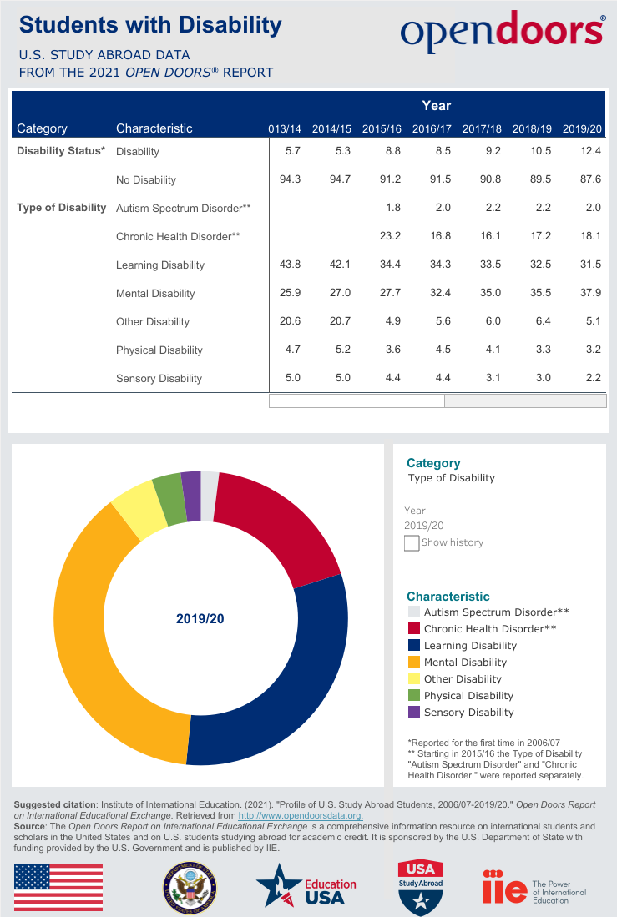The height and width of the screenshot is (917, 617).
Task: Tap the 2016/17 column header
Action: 432,129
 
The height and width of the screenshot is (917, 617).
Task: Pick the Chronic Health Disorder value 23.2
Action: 389,236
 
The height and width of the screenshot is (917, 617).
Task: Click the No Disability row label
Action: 146,179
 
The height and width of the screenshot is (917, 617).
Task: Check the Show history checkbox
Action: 412,543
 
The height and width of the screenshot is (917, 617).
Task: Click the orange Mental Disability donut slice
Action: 92,634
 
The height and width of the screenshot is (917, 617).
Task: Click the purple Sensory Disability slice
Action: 191,496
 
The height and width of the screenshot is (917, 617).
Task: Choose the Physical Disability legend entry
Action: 468,696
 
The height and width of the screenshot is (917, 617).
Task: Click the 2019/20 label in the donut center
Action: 200,619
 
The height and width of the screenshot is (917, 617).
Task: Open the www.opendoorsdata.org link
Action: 300,815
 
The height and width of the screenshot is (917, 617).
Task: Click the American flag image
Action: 58,888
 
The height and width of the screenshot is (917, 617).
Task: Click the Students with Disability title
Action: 150,26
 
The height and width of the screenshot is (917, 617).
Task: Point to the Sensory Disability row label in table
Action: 159,378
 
